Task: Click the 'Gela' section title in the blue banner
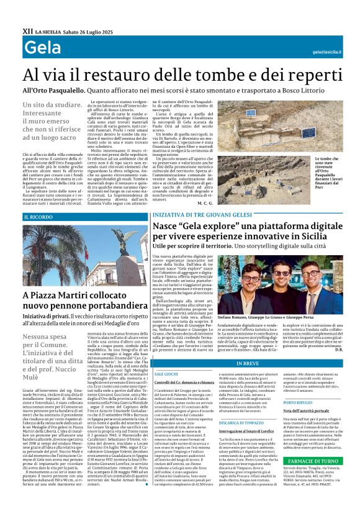[x=43, y=48]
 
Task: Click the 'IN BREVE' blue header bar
[x=247, y=363]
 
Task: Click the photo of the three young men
[x=286, y=284]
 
